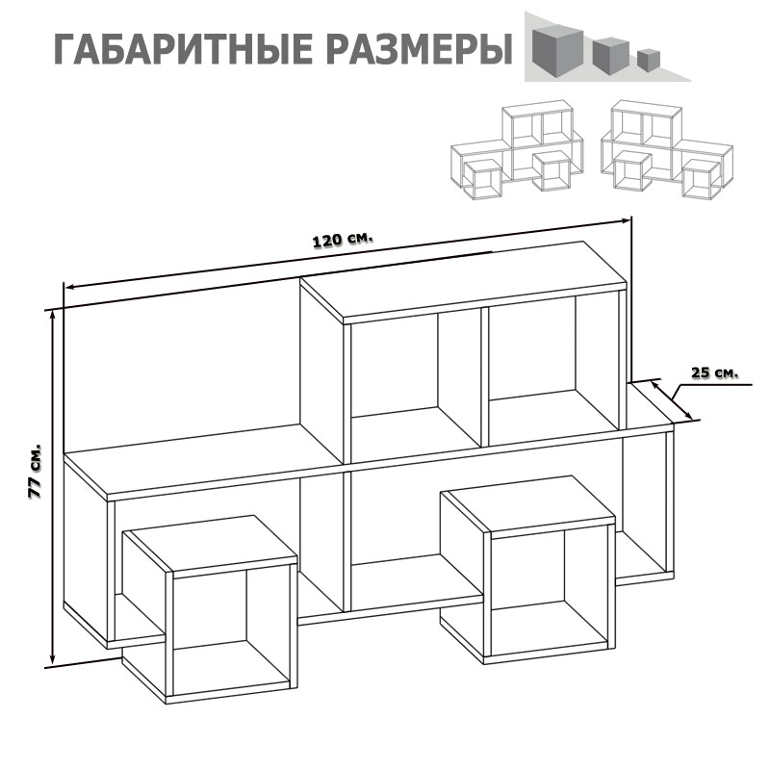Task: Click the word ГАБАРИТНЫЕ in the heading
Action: [182, 50]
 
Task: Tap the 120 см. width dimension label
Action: [343, 240]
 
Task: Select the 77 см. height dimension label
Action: [35, 472]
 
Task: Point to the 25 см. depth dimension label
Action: [714, 372]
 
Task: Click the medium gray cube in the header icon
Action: [611, 56]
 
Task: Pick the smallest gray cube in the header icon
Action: [649, 59]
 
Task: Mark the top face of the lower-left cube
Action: [210, 544]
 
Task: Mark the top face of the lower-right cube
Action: [527, 503]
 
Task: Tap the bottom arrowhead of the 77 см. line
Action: [53, 659]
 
